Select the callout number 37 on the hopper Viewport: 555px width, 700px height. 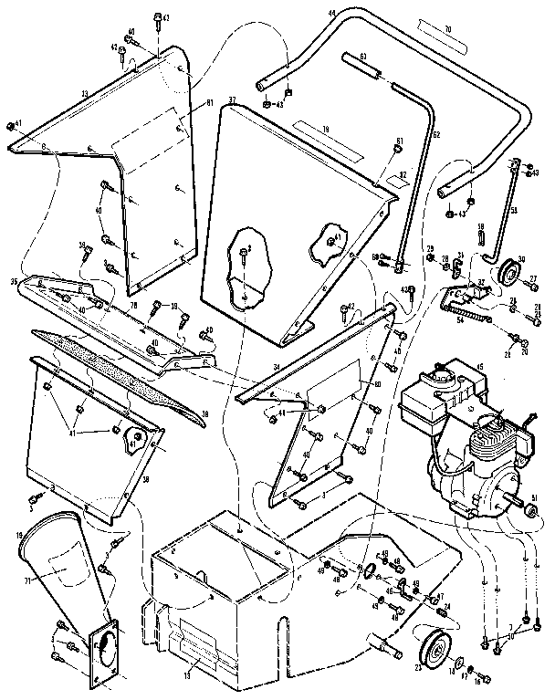click(x=232, y=99)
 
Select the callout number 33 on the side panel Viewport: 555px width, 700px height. click(x=84, y=93)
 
